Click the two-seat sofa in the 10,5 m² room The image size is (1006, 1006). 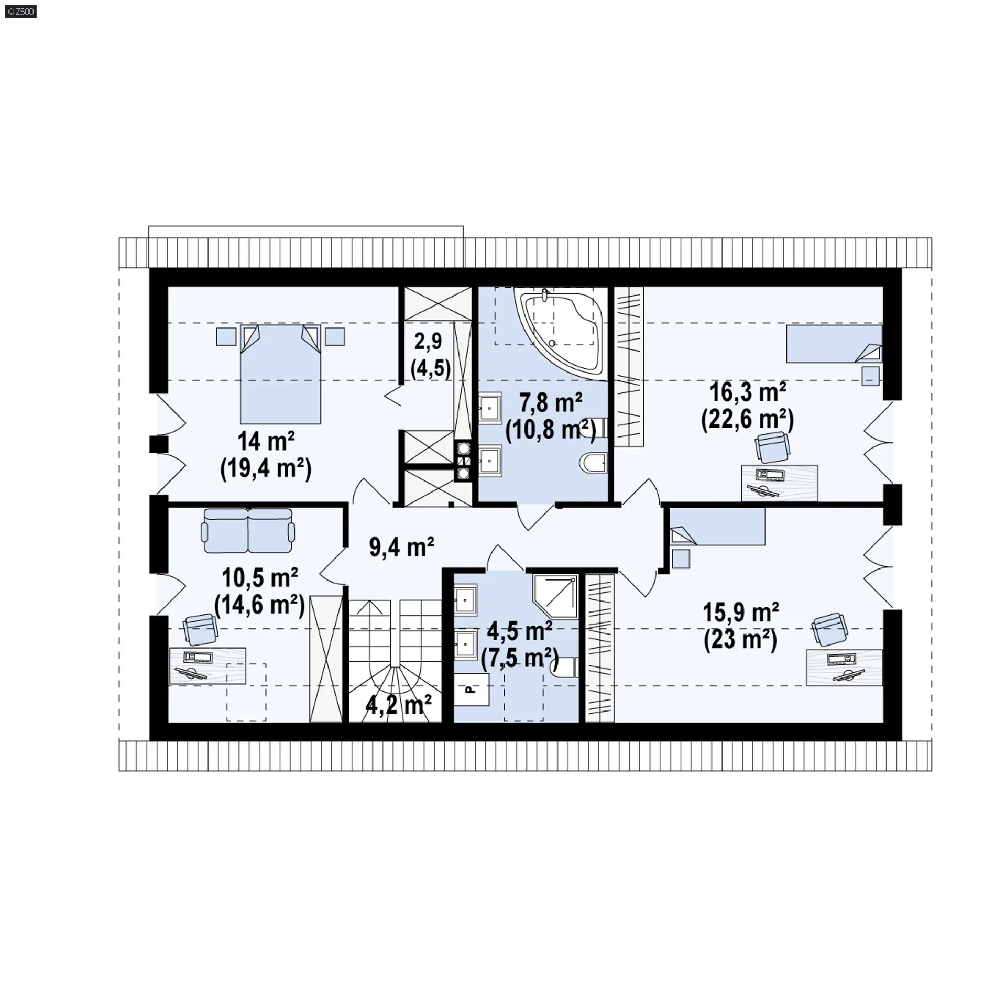[248, 530]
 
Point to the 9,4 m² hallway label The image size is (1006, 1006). [402, 548]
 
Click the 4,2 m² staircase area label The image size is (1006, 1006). [398, 705]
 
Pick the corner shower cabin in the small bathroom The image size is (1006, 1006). [555, 597]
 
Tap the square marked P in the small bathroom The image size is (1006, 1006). [472, 690]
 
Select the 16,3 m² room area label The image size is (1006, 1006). [748, 392]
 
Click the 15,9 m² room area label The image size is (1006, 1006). [740, 613]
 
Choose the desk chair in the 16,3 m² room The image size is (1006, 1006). [772, 447]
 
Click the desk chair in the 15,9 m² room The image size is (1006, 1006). [829, 629]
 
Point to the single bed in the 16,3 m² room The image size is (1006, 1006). [834, 344]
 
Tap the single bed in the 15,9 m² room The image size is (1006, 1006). [717, 527]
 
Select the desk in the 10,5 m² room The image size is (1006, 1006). [207, 666]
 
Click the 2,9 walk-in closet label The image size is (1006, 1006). [429, 342]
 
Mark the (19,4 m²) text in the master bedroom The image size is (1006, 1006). [266, 468]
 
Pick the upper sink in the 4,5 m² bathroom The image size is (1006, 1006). [466, 600]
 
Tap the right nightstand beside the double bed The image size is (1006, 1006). [335, 336]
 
